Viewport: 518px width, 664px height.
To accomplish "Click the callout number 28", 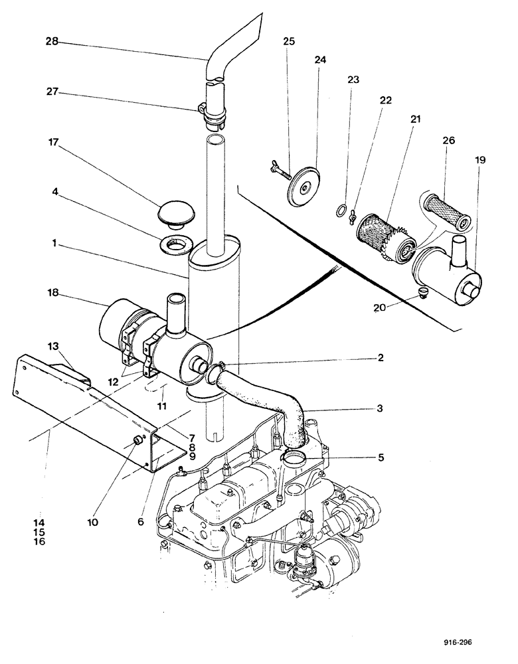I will [x=52, y=41].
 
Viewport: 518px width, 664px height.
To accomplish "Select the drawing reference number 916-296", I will [x=462, y=642].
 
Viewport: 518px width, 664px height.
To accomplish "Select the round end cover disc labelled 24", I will [x=304, y=183].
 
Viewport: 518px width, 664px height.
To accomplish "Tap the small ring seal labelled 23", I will [x=339, y=212].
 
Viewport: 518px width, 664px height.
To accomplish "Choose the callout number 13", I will [x=53, y=346].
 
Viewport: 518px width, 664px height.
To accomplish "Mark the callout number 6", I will [x=141, y=522].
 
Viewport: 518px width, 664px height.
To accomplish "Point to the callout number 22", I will [x=385, y=101].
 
